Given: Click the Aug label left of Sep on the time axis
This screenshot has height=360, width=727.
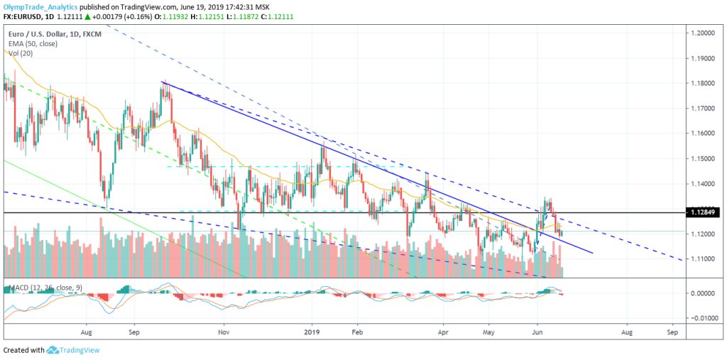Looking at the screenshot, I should tap(87, 331).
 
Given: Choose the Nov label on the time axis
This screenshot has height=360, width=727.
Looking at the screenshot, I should tap(224, 331).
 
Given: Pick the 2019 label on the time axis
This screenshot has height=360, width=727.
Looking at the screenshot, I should tap(313, 331).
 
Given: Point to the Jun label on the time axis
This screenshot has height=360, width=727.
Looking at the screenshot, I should tap(537, 331).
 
